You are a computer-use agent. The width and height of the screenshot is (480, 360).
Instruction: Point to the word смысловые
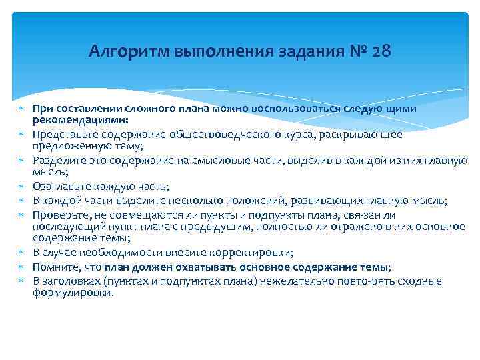[x=211, y=160]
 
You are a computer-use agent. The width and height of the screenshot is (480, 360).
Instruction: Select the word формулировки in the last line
[x=73, y=291]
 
